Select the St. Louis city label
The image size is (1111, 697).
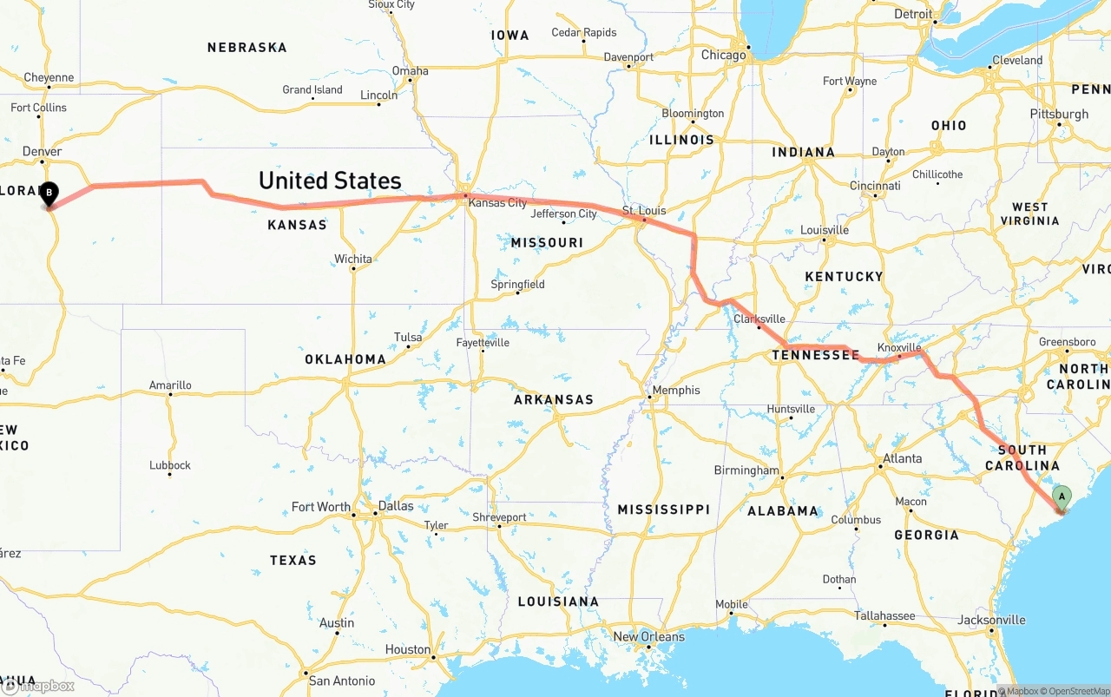coord(643,211)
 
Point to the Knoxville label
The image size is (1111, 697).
coord(898,347)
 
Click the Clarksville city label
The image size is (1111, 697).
coord(759,319)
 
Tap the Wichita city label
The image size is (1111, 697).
coord(353,259)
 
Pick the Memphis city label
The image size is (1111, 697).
coord(676,390)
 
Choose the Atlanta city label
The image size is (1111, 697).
coord(903,458)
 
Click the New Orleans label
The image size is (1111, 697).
coord(648,636)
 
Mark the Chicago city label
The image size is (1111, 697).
coord(724,55)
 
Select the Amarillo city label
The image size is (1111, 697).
coord(170,385)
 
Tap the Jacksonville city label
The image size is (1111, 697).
coord(991,620)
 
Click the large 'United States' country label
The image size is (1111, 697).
coord(330,181)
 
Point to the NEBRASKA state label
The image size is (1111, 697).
coord(247,48)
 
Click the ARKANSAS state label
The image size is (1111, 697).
coord(554,399)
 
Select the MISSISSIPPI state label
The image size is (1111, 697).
coord(663,510)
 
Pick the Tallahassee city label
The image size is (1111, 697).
coord(884,615)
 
